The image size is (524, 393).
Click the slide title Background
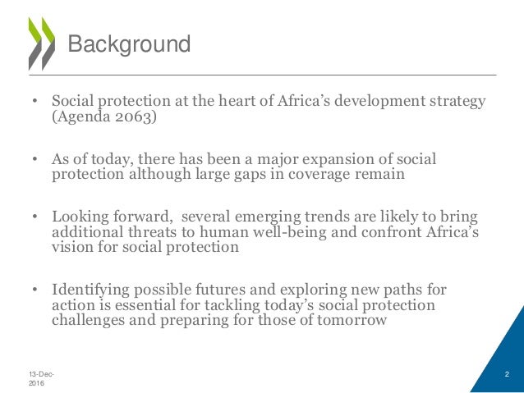[128, 43]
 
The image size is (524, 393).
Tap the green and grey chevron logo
[40, 43]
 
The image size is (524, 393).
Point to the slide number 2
[507, 374]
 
